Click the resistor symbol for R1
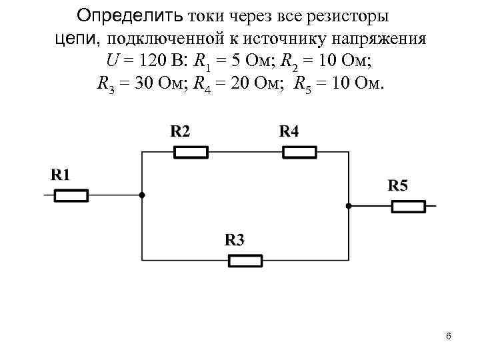coord(71,195)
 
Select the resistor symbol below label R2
coord(191,153)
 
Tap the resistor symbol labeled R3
coord(245,261)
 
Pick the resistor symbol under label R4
coord(299,153)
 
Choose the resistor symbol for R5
coord(408,207)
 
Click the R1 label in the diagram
coord(61,175)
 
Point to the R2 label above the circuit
coord(180,131)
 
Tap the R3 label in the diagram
coord(234,239)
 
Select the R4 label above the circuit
coord(289,131)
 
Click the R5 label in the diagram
coord(397,185)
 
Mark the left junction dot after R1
coord(142,195)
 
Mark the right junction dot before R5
coord(349,207)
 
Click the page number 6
coord(449,336)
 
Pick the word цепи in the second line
coord(76,38)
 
